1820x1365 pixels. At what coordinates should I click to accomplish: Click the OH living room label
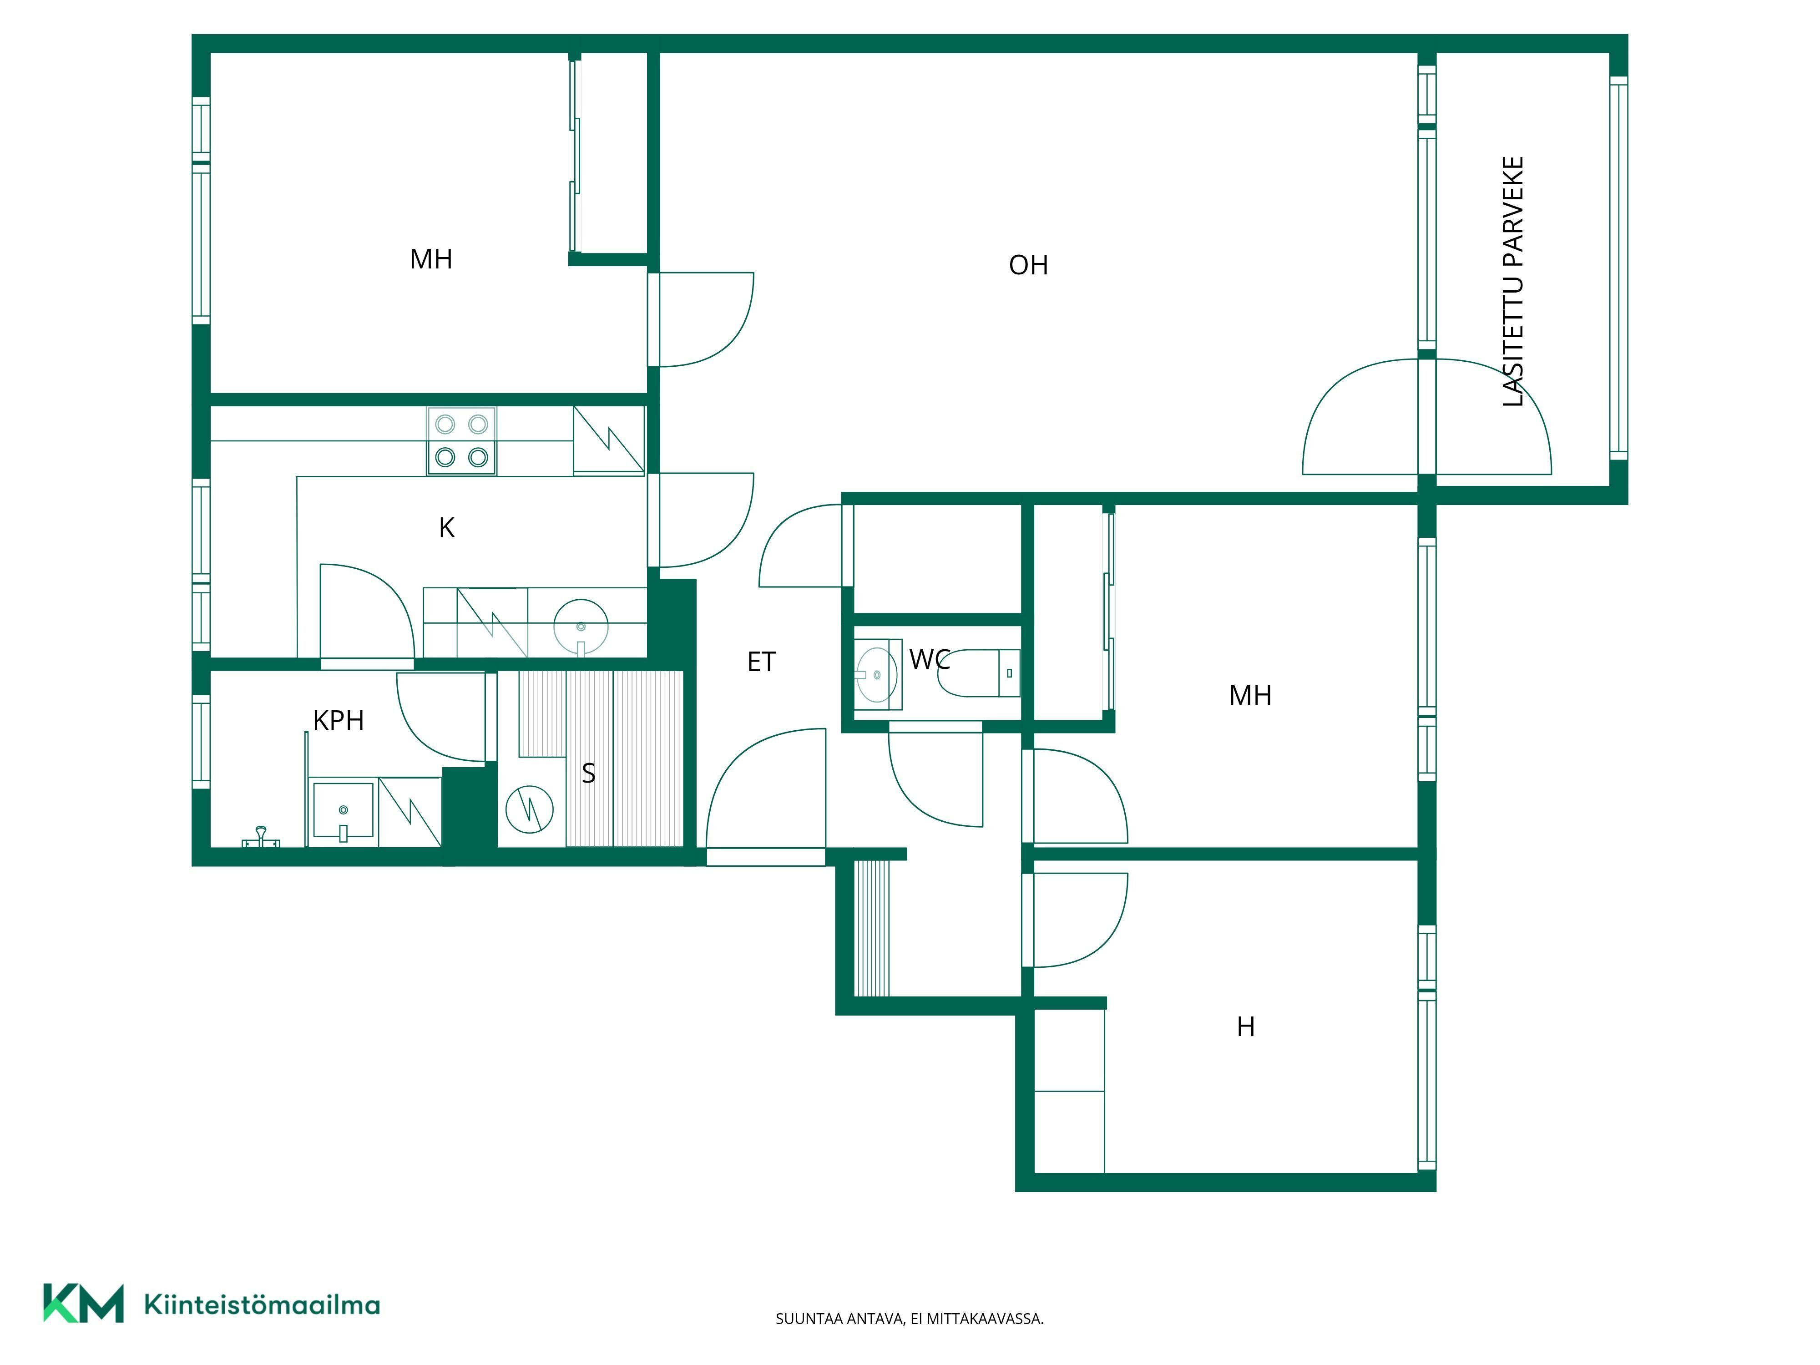pos(1028,265)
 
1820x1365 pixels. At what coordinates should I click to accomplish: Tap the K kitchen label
pos(447,527)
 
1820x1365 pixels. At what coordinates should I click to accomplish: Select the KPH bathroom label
pos(338,721)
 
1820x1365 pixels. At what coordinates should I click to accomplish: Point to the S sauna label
pos(588,773)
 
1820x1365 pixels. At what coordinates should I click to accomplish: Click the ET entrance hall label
pos(761,662)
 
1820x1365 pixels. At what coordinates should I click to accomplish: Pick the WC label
pos(930,659)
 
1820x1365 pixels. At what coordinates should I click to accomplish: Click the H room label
pos(1246,1027)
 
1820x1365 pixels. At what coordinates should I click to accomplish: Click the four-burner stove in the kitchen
pos(461,441)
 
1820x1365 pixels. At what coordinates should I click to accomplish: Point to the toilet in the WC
pos(979,673)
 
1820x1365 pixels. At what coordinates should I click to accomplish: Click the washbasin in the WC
pos(878,675)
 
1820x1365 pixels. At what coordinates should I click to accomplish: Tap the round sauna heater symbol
pos(529,809)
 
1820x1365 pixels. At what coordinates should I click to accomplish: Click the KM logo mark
pos(83,1303)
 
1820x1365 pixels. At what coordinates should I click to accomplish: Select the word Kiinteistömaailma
pos(262,1304)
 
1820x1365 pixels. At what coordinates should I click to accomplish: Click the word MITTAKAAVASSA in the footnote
pos(985,1319)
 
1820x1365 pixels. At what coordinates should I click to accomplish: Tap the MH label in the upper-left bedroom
pos(431,259)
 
